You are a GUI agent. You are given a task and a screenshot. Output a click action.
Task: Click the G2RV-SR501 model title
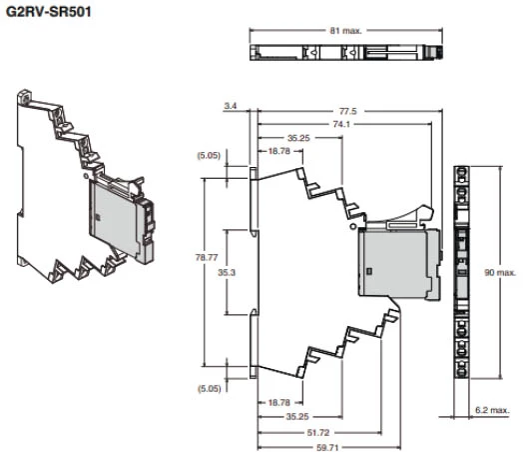[49, 12]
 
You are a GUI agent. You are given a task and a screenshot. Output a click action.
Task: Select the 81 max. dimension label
[346, 31]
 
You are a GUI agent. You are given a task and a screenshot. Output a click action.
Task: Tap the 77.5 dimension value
[348, 111]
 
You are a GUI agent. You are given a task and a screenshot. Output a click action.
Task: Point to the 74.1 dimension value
[341, 124]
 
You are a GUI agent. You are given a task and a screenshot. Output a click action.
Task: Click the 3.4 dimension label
[231, 106]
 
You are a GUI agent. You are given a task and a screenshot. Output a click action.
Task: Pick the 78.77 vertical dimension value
[207, 258]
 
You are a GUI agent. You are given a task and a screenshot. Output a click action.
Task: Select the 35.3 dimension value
[227, 273]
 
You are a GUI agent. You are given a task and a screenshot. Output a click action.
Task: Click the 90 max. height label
[500, 273]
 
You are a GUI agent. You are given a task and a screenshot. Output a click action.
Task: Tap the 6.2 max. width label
[492, 410]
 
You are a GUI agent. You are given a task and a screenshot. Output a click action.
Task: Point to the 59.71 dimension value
[327, 448]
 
